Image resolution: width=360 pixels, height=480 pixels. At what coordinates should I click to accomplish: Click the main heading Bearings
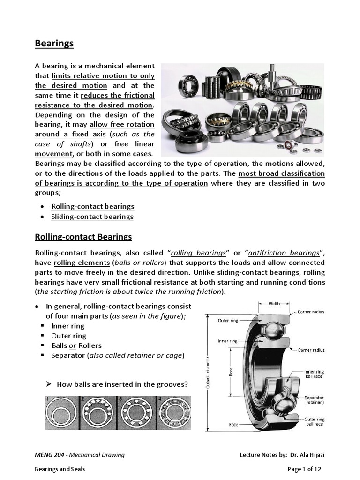point(54,44)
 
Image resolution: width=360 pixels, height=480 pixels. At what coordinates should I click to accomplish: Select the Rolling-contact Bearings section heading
point(83,237)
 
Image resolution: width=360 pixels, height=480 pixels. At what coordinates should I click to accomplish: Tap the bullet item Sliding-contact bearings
point(92,217)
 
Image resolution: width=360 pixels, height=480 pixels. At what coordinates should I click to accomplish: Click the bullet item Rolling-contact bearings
point(93,206)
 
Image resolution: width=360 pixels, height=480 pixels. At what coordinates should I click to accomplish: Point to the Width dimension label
point(274,304)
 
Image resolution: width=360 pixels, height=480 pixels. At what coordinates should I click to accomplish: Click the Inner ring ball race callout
point(314,374)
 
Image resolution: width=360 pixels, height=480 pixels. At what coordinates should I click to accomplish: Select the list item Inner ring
point(68,326)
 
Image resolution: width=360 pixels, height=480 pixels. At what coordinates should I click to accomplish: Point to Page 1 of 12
point(304,469)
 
